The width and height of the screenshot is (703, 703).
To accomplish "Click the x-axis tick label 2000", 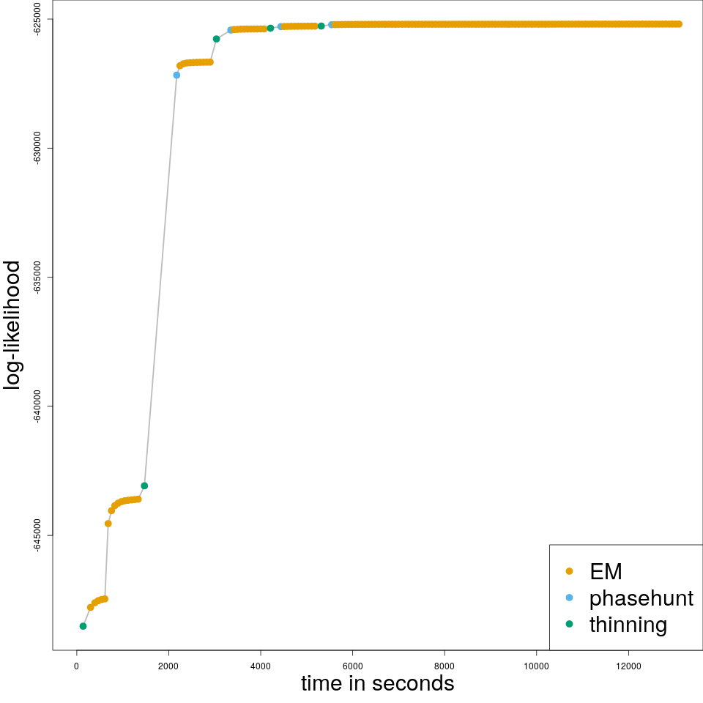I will (168, 666).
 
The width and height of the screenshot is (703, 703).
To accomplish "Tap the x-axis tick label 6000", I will (352, 666).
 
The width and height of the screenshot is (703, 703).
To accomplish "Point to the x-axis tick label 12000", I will (628, 666).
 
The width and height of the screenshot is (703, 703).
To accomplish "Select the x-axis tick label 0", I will (77, 666).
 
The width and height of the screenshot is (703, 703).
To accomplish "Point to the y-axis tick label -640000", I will (38, 406).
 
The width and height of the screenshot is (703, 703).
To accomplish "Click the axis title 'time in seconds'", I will (377, 683).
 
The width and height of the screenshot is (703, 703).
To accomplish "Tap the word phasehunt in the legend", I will (641, 598).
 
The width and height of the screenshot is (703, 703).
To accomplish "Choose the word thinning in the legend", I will (628, 625).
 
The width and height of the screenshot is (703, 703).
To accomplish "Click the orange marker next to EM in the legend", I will (570, 571).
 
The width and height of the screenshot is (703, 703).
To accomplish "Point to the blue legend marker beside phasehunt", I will (570, 598).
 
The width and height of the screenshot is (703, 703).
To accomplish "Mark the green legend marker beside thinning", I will (570, 624).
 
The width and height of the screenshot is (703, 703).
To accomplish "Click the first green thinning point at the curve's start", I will (83, 626).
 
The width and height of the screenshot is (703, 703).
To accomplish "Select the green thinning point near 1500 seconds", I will (144, 486).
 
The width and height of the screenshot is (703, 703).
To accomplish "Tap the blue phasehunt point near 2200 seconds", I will (176, 75).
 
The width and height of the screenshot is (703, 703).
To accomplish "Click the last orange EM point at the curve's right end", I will (679, 24).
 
